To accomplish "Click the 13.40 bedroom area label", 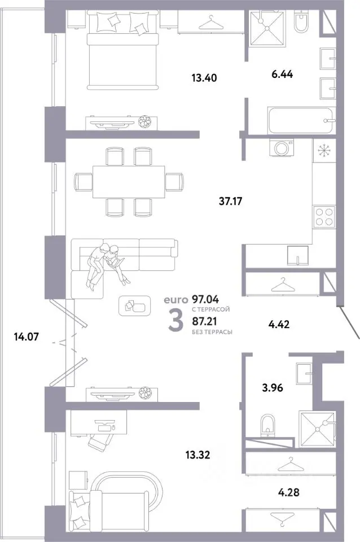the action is pyautogui.click(x=204, y=78).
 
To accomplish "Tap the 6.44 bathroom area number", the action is pyautogui.click(x=282, y=74).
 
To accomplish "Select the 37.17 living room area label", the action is pyautogui.click(x=230, y=201).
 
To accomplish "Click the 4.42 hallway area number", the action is pyautogui.click(x=279, y=324).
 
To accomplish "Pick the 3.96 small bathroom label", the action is pyautogui.click(x=272, y=388).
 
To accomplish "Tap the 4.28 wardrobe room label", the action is pyautogui.click(x=288, y=492).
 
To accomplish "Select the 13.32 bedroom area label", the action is pyautogui.click(x=197, y=455).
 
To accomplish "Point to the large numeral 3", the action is pyautogui.click(x=175, y=321).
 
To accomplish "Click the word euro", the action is pyautogui.click(x=176, y=300).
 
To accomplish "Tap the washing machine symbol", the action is pyautogui.click(x=282, y=147).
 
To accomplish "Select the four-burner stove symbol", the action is pyautogui.click(x=324, y=216).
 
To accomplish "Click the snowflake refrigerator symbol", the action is pyautogui.click(x=324, y=150).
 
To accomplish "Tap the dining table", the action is pyautogui.click(x=129, y=181).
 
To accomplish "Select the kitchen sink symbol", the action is pyautogui.click(x=298, y=255).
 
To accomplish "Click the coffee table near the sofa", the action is pyautogui.click(x=134, y=305).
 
